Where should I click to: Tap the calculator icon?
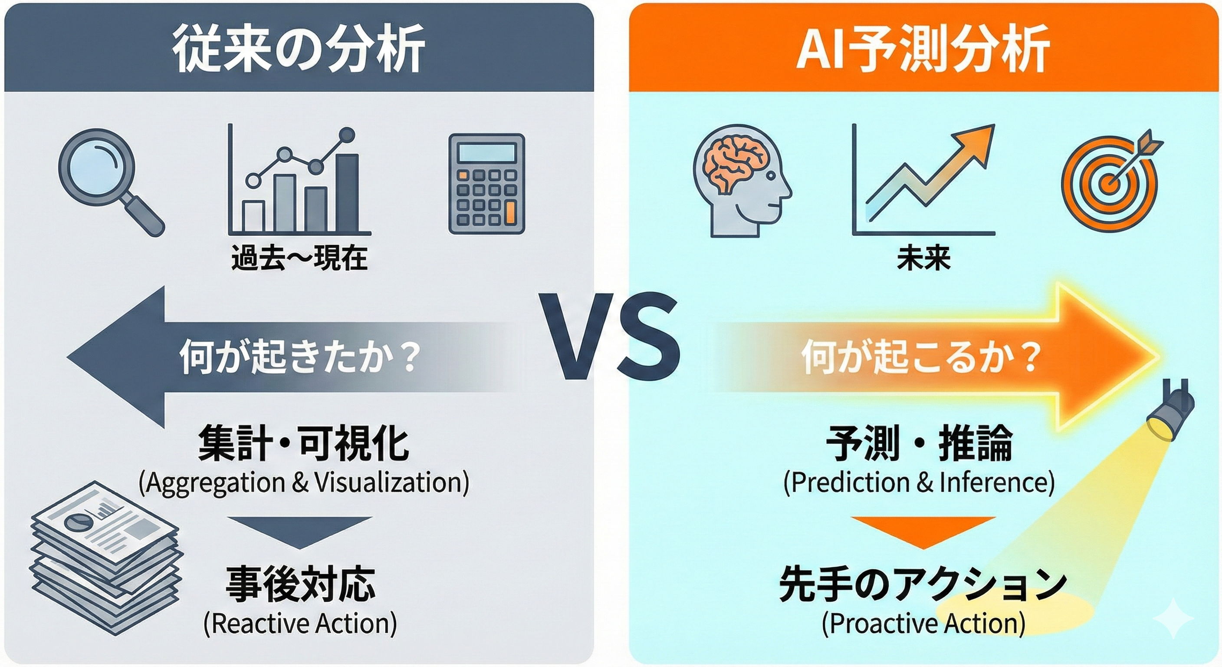[487, 184]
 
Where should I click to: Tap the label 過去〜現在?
[299, 259]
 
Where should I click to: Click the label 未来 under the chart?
[923, 259]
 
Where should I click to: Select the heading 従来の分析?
[299, 49]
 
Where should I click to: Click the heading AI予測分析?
[923, 49]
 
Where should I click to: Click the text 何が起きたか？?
[300, 357]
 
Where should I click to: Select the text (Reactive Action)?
[300, 623]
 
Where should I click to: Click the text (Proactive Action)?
[923, 623]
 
